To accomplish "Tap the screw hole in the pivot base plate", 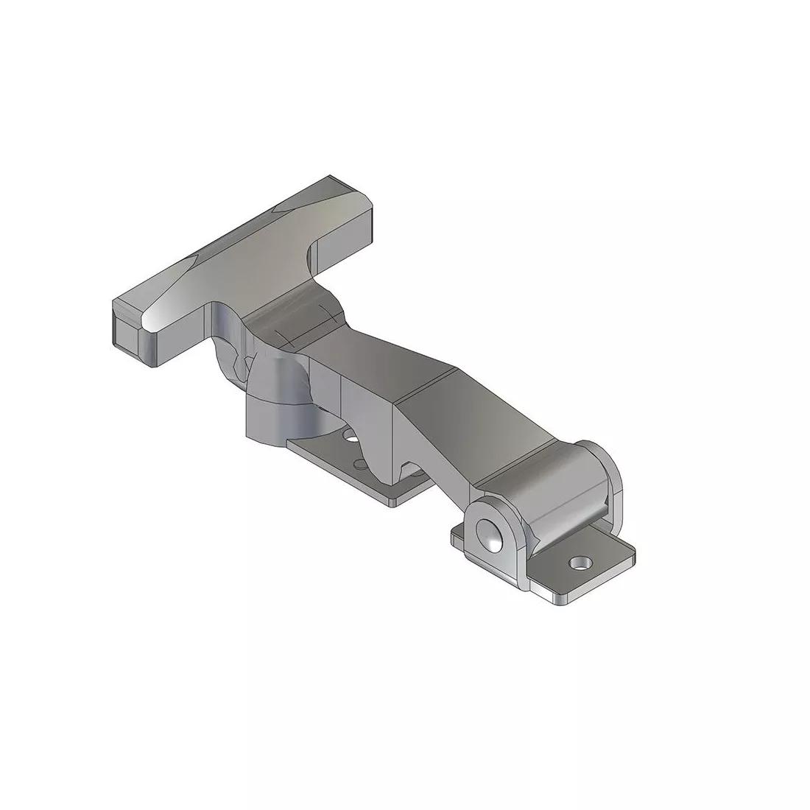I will (x=582, y=564).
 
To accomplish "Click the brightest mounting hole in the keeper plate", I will (x=352, y=439).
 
